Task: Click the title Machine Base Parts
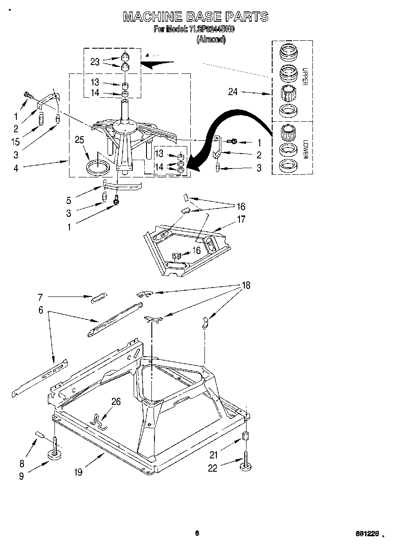pyautogui.click(x=195, y=17)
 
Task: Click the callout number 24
pyautogui.click(x=233, y=92)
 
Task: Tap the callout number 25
pyautogui.click(x=79, y=140)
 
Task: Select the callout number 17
pyautogui.click(x=241, y=219)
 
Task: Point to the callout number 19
pyautogui.click(x=78, y=472)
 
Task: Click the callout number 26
pyautogui.click(x=116, y=402)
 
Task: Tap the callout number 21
pyautogui.click(x=214, y=454)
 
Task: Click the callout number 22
pyautogui.click(x=213, y=468)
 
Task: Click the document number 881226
pyautogui.click(x=367, y=534)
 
